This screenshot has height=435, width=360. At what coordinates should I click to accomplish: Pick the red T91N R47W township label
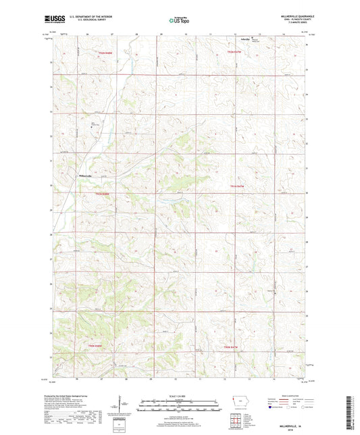click(x=236, y=186)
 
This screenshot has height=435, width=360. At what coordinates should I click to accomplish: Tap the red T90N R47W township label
click(x=232, y=346)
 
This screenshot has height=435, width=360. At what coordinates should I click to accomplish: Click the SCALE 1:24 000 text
click(x=180, y=395)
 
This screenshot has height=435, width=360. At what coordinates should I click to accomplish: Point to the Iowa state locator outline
click(x=238, y=403)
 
